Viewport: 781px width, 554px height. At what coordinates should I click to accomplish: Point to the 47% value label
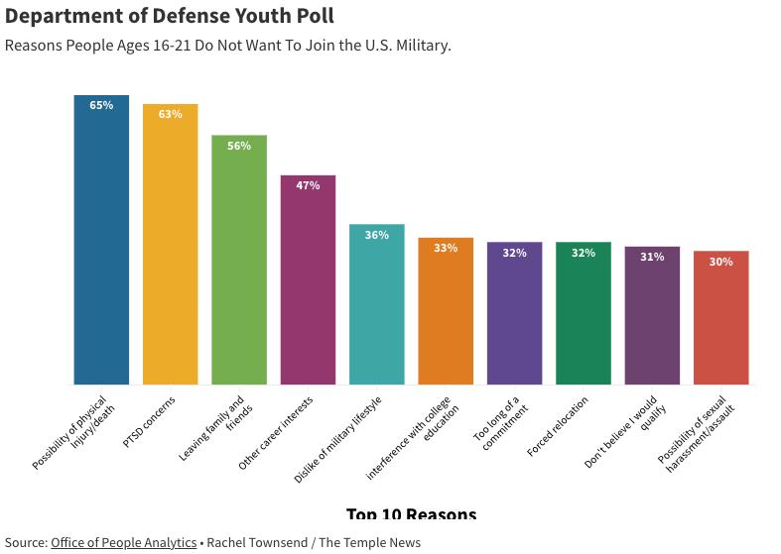pos(308,185)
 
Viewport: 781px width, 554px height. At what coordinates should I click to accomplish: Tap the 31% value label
pos(652,257)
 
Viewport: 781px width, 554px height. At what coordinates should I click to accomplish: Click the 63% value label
pos(170,114)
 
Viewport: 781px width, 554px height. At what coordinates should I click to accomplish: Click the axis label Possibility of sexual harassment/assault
pos(700,434)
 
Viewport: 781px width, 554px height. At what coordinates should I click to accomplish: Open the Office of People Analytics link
pos(123,542)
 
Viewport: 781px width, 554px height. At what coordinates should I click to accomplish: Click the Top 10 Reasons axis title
pos(411,514)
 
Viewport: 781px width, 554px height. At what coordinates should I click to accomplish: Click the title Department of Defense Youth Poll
pos(170,16)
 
